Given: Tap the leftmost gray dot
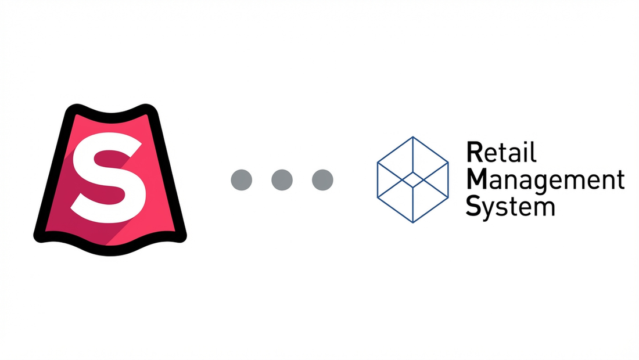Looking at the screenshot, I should (241, 179).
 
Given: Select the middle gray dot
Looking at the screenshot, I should (282, 179).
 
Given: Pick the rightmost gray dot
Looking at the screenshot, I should (322, 179).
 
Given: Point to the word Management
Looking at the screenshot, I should (545, 180).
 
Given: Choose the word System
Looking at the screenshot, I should (511, 207).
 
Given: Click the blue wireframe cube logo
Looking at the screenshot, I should (412, 179).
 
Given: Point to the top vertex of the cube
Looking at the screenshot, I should (412, 137).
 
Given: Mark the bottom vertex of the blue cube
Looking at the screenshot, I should (412, 222).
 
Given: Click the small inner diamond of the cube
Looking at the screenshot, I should (412, 179).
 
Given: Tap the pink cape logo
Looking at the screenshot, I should (110, 180).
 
